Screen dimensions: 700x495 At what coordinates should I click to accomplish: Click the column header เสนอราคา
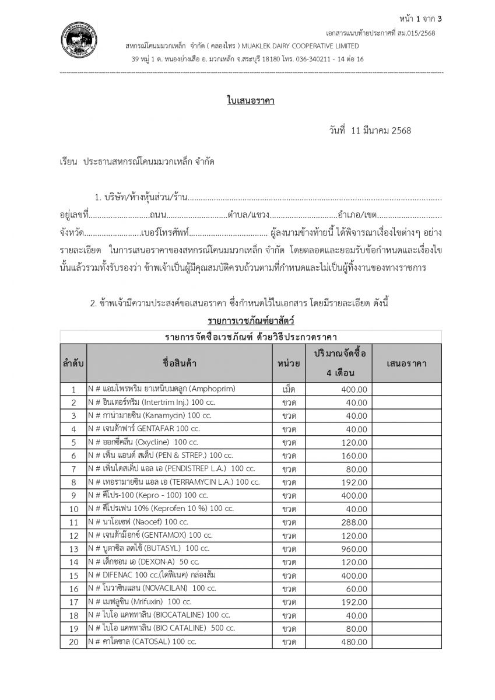click(x=406, y=363)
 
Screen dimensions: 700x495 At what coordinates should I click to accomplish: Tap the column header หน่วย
click(x=289, y=363)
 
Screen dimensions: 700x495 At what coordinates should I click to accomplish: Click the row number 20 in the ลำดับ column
click(x=73, y=642)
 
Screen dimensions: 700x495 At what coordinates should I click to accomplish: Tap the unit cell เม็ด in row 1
click(x=289, y=389)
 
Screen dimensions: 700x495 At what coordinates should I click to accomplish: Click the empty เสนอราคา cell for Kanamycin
click(x=406, y=416)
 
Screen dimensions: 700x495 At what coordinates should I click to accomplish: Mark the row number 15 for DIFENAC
click(x=73, y=576)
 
